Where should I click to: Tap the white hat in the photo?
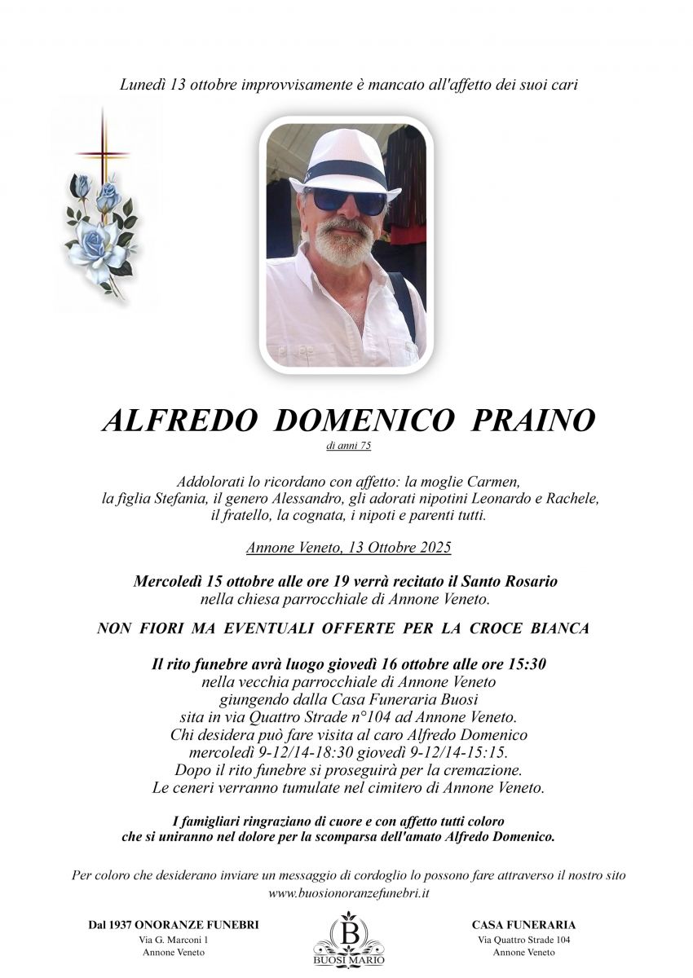343,162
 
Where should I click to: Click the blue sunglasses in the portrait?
347,200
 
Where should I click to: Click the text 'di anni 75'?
346,445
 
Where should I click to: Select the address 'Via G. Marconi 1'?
174,940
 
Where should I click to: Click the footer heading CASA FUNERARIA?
523,925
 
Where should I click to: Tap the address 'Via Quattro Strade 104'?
523,940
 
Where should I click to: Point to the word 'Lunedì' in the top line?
143,85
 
